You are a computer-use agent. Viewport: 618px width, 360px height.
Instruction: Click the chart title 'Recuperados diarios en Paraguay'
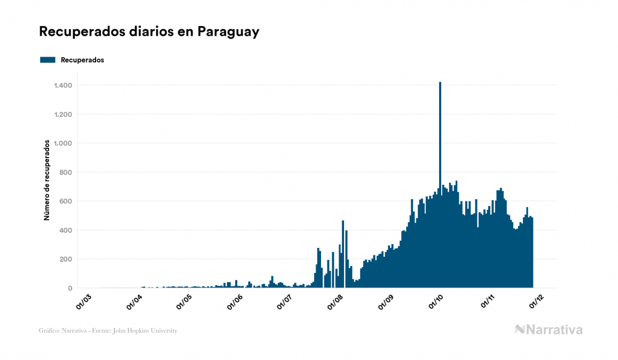coord(149,32)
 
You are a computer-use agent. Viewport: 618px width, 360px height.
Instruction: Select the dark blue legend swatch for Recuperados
coord(48,60)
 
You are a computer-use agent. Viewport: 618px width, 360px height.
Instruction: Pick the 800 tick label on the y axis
coord(66,173)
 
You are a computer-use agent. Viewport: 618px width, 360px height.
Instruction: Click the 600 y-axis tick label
coord(66,201)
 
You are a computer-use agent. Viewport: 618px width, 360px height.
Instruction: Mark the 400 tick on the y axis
coord(66,230)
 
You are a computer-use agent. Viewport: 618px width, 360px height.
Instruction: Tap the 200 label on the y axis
coord(66,259)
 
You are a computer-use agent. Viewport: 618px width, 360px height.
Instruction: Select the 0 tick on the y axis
coord(70,288)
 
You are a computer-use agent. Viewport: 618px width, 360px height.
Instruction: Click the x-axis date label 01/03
coord(84,302)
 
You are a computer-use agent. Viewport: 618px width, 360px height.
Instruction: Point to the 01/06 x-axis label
coord(236,302)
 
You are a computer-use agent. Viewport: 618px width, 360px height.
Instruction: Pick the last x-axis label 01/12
coord(536,302)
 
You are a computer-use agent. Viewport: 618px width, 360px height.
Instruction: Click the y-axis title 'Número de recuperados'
coord(46,181)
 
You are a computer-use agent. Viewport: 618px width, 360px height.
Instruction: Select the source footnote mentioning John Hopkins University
coord(108,331)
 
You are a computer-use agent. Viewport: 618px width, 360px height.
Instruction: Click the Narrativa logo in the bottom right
coord(549,330)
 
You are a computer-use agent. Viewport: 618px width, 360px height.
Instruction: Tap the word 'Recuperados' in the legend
coord(82,60)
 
